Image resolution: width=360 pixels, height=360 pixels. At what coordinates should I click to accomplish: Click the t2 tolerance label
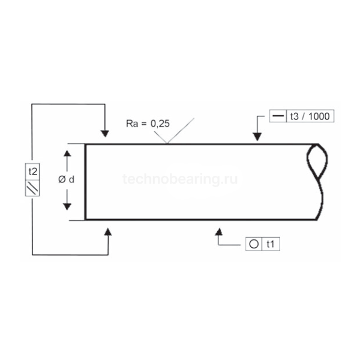tap(33, 172)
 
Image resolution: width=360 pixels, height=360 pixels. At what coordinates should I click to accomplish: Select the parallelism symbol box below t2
tap(32, 188)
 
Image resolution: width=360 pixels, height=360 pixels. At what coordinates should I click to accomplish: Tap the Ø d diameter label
tap(67, 179)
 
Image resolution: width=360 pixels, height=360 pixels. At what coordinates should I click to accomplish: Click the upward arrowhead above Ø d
tap(67, 153)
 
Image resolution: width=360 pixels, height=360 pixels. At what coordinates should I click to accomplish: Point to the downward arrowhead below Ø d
tap(67, 207)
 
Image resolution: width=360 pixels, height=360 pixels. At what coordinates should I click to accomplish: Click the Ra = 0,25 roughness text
tap(148, 124)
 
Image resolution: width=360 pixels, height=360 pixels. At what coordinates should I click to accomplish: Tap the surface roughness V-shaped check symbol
tap(174, 131)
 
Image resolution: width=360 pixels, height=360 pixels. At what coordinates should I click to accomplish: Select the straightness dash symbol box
tap(278, 116)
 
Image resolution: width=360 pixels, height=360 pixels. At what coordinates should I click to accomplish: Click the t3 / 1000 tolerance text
tap(310, 116)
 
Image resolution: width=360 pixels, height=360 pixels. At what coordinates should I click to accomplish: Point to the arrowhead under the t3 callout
tap(257, 137)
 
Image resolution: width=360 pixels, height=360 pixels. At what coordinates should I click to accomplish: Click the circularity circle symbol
tap(254, 244)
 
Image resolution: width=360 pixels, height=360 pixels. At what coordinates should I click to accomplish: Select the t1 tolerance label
tap(271, 244)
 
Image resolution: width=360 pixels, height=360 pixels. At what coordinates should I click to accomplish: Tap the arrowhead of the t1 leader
tap(219, 232)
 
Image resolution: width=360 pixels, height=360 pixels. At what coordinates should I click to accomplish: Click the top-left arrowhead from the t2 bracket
tap(105, 134)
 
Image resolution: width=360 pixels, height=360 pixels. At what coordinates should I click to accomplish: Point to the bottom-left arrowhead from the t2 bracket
tap(108, 232)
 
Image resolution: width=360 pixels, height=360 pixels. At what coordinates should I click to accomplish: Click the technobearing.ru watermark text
tap(180, 179)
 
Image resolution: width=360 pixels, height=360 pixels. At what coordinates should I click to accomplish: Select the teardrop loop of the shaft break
tap(317, 161)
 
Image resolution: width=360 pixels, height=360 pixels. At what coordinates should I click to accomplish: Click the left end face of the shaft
tap(85, 182)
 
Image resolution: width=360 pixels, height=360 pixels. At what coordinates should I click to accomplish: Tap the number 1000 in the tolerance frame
tap(319, 116)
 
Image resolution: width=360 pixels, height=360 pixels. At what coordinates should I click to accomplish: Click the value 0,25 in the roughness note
tap(160, 124)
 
